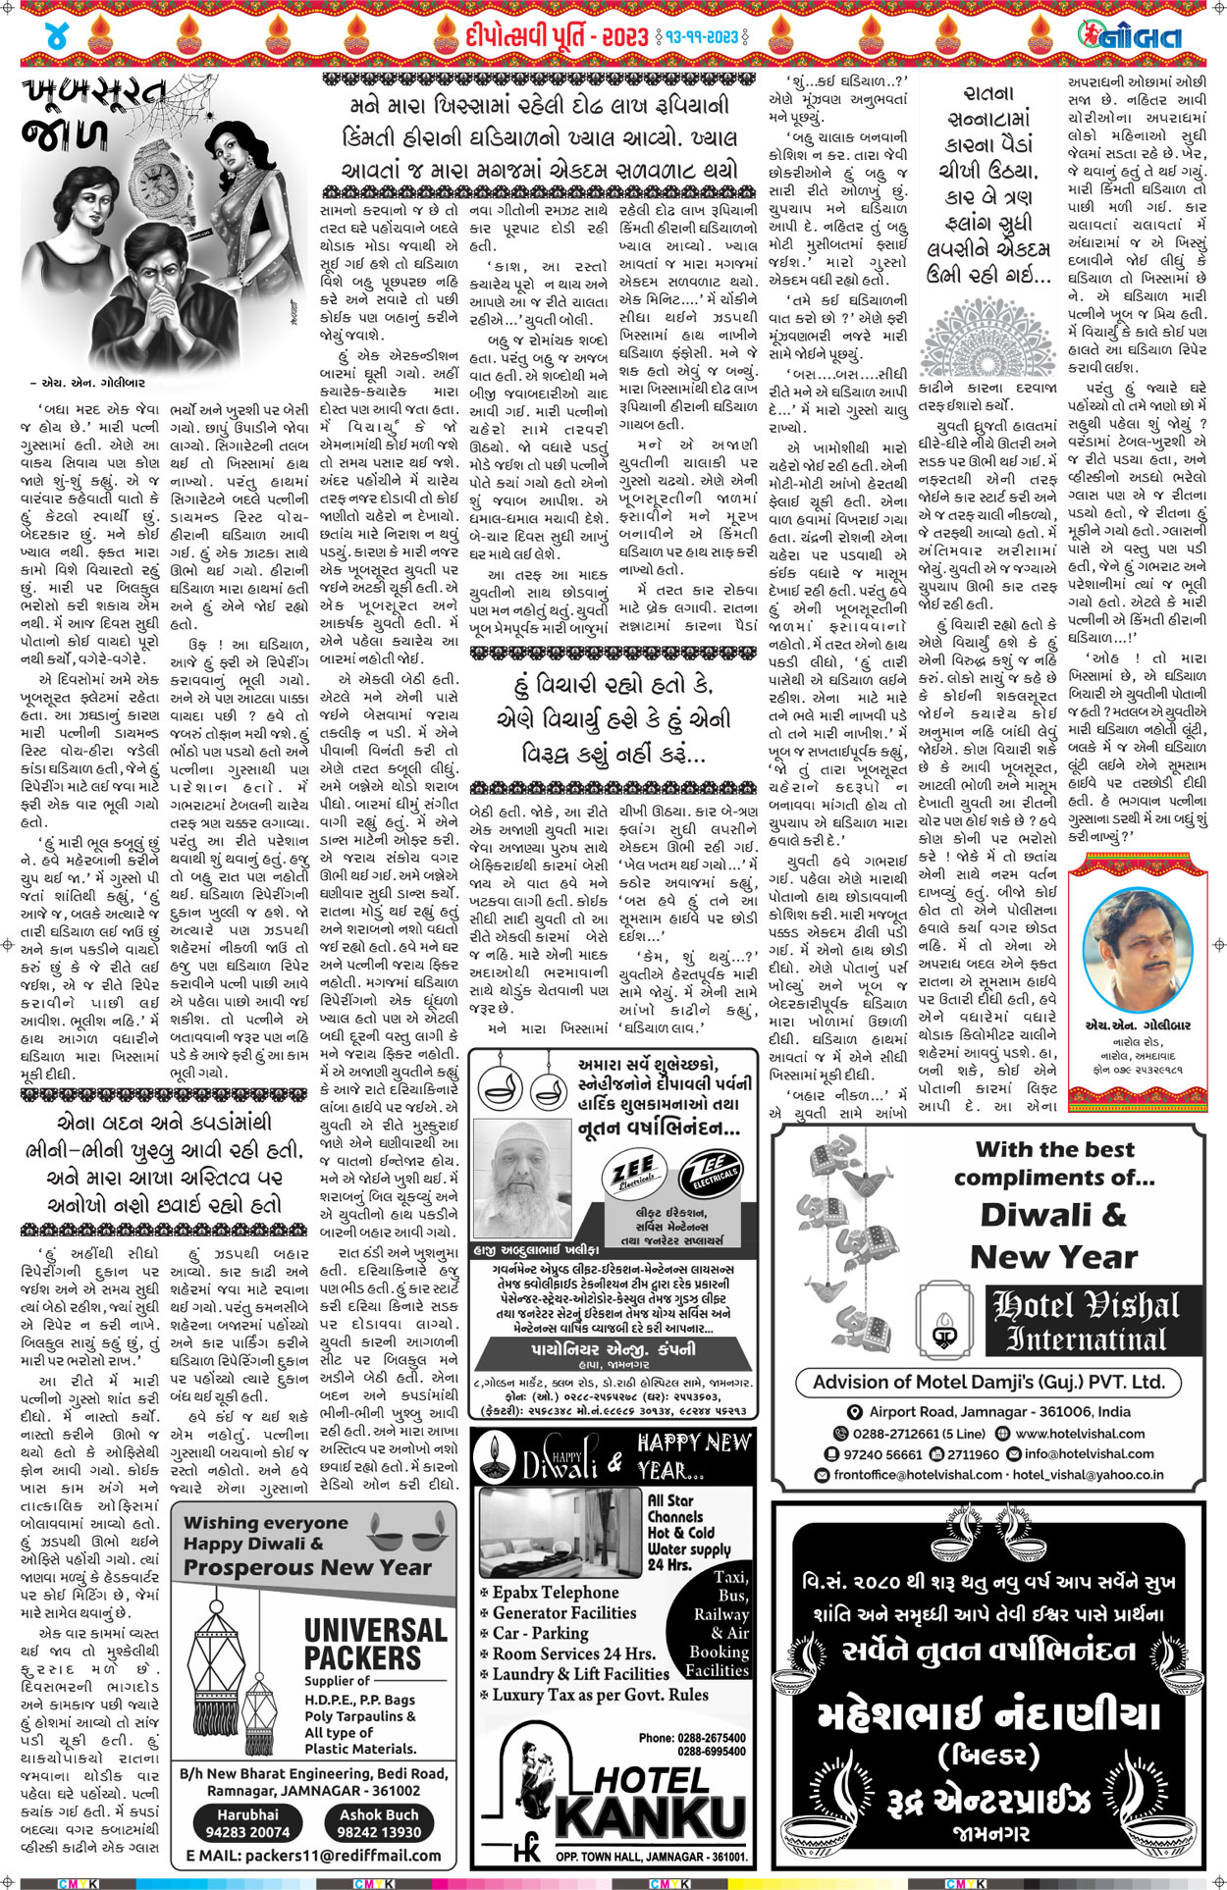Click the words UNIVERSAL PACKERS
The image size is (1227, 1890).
point(361,1644)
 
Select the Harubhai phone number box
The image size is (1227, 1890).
point(247,1823)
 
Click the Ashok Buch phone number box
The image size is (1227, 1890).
point(379,1823)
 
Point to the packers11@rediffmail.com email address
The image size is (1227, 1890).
point(313,1856)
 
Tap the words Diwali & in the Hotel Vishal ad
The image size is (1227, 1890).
point(1054,1215)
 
